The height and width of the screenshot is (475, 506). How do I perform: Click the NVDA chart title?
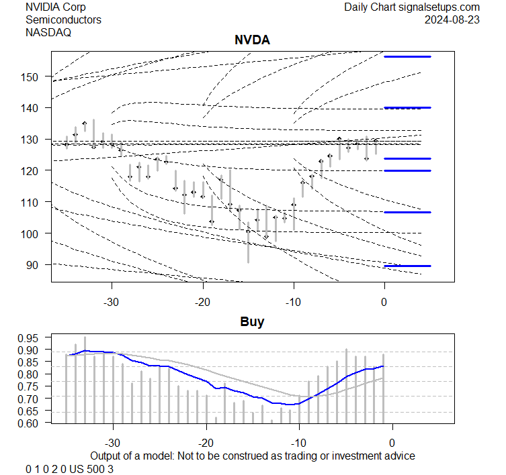[252, 40]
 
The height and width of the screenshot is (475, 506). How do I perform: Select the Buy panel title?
[252, 322]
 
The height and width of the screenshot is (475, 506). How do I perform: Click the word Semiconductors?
[63, 19]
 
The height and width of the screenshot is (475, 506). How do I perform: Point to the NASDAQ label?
[48, 32]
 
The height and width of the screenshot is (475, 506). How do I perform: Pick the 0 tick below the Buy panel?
[392, 443]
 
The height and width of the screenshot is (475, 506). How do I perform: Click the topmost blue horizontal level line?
[407, 57]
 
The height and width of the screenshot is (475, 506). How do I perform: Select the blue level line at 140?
[407, 107]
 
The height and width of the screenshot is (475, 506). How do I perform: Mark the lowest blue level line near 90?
[407, 266]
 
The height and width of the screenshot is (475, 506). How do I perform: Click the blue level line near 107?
[407, 212]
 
